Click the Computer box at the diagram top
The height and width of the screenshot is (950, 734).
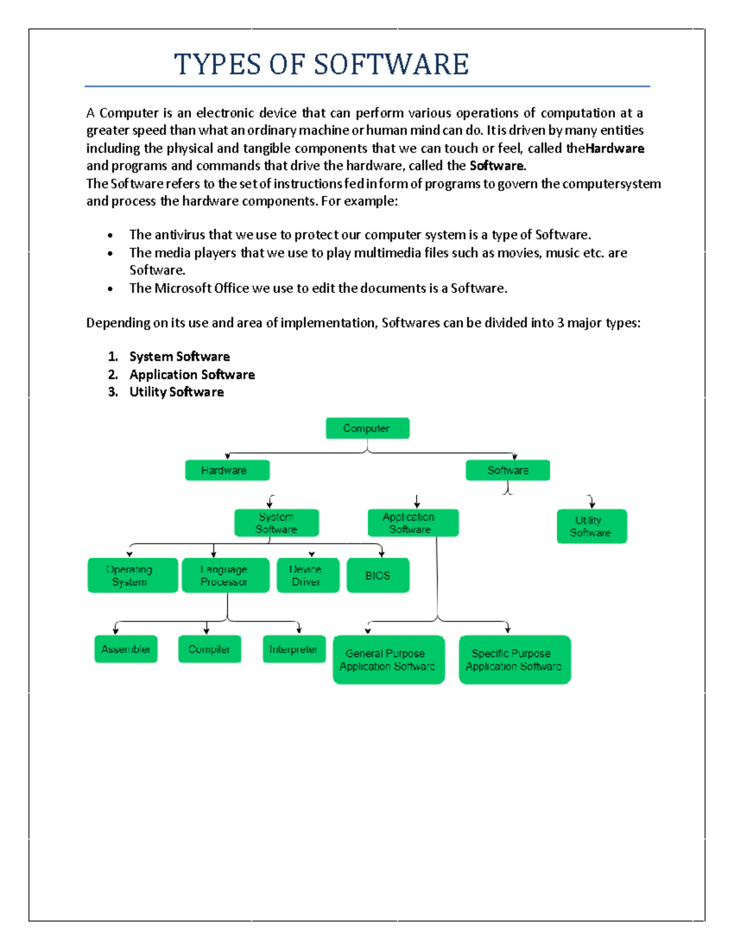click(367, 428)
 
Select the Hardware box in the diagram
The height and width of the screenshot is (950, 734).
click(227, 470)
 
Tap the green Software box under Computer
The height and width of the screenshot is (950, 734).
click(508, 470)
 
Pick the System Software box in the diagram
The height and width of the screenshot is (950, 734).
click(276, 523)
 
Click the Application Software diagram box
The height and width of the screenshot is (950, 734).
click(413, 523)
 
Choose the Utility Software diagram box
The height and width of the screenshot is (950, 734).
click(591, 527)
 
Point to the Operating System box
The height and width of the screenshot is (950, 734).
click(133, 576)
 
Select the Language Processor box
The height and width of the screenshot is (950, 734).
click(225, 576)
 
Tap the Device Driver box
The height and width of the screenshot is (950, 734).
click(308, 576)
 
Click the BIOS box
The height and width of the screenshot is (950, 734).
click(378, 576)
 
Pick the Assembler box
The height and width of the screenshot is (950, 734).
click(126, 649)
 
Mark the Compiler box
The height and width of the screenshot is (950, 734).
click(209, 649)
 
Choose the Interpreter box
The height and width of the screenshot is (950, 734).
click(294, 649)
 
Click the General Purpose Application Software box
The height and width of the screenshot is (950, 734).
click(388, 660)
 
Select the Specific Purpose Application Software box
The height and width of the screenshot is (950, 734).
click(514, 660)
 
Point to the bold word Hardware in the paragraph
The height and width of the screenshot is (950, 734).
click(615, 149)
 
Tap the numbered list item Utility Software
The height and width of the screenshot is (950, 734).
click(176, 392)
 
